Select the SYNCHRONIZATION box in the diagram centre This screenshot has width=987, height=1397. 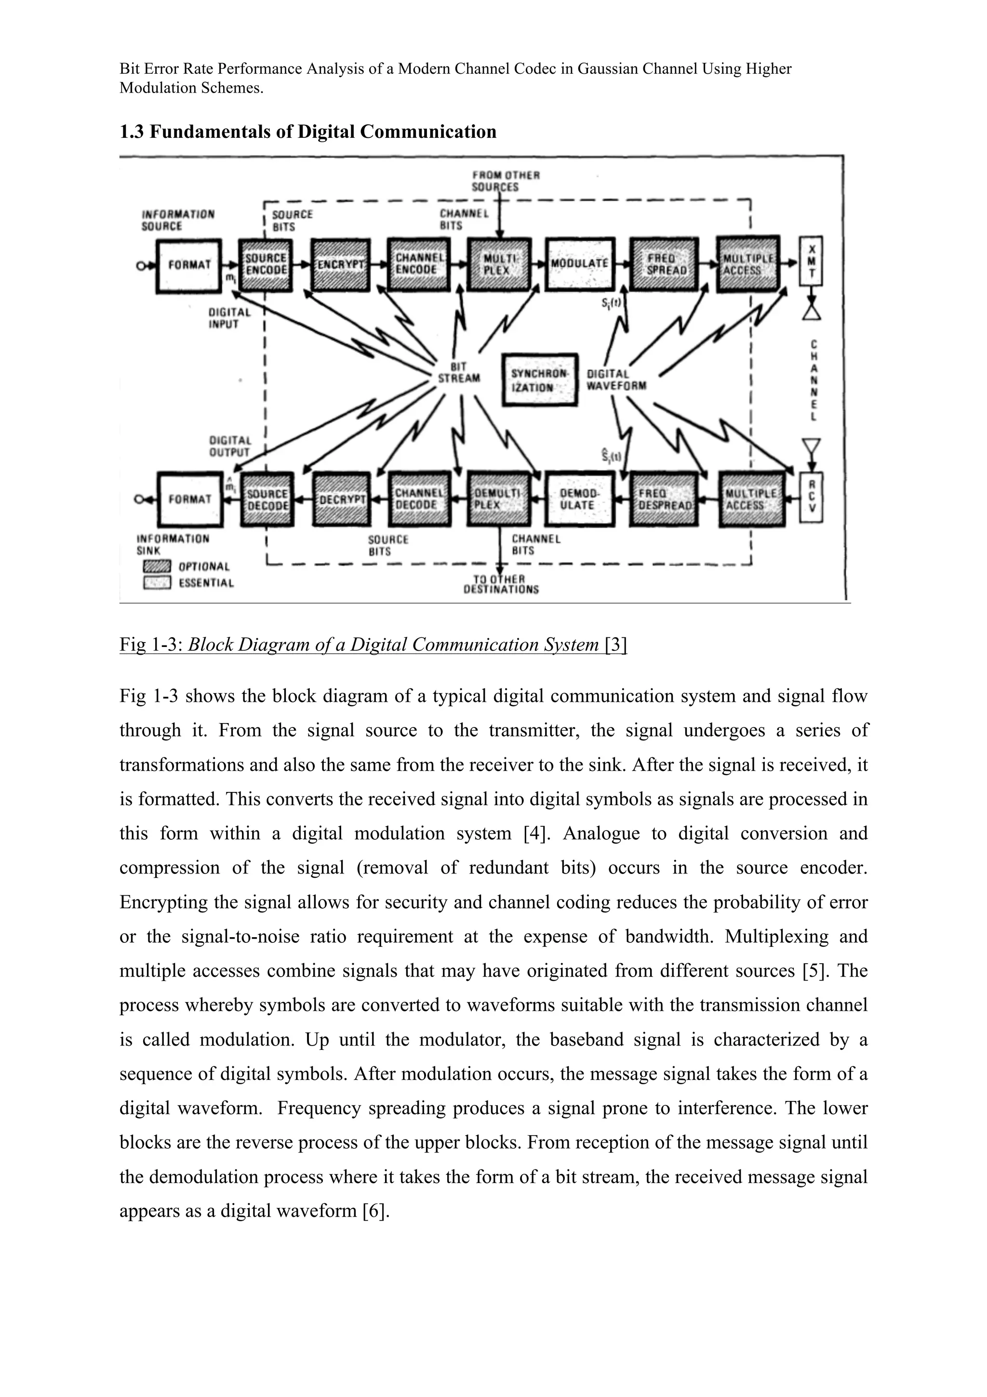[539, 380]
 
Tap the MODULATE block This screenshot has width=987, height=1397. [580, 264]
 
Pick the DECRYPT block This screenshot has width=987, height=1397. [342, 499]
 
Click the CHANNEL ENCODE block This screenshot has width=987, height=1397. [418, 265]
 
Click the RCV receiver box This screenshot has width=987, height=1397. [812, 497]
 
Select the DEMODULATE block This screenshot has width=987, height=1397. [580, 499]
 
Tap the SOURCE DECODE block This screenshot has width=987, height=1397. [267, 499]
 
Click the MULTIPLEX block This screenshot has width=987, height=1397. [499, 265]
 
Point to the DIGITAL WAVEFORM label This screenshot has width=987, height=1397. [615, 380]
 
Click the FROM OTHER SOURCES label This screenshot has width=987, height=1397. [505, 181]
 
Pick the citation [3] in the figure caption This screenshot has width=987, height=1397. [615, 645]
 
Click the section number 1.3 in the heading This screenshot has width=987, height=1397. [132, 132]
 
